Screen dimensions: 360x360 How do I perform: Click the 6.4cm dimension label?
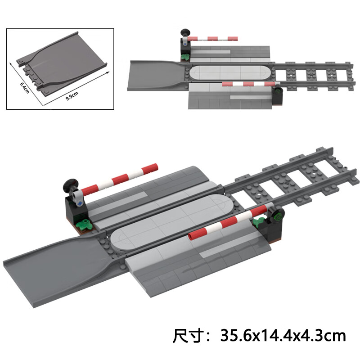[x=25, y=87]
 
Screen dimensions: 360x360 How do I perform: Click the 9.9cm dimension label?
[x=72, y=96]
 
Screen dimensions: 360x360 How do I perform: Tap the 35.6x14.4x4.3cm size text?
[x=283, y=336]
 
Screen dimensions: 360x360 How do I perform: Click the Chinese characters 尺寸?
[x=188, y=336]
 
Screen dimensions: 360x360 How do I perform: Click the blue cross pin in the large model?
[x=80, y=203]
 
